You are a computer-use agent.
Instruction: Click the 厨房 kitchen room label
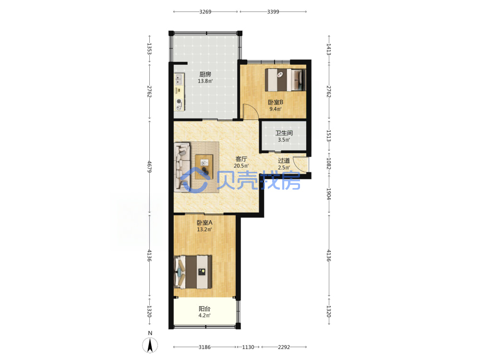[205, 74]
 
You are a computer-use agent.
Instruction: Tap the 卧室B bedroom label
[276, 102]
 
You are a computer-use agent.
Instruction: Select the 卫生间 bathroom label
[284, 133]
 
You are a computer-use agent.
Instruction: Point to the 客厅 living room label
[241, 159]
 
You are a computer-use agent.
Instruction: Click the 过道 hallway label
[284, 160]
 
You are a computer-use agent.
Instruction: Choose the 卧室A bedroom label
[204, 223]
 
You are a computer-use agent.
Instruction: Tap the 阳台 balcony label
[204, 309]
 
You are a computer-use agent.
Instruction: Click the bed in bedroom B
[285, 80]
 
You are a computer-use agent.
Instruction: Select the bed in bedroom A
[193, 272]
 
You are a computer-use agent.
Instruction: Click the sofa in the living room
[182, 167]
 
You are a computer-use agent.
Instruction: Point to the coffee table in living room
[204, 167]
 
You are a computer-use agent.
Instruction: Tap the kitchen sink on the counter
[179, 80]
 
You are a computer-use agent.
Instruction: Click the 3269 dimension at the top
[205, 12]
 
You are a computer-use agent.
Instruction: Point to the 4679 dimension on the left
[149, 167]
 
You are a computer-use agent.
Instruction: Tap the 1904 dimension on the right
[328, 193]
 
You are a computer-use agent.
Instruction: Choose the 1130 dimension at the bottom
[248, 347]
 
